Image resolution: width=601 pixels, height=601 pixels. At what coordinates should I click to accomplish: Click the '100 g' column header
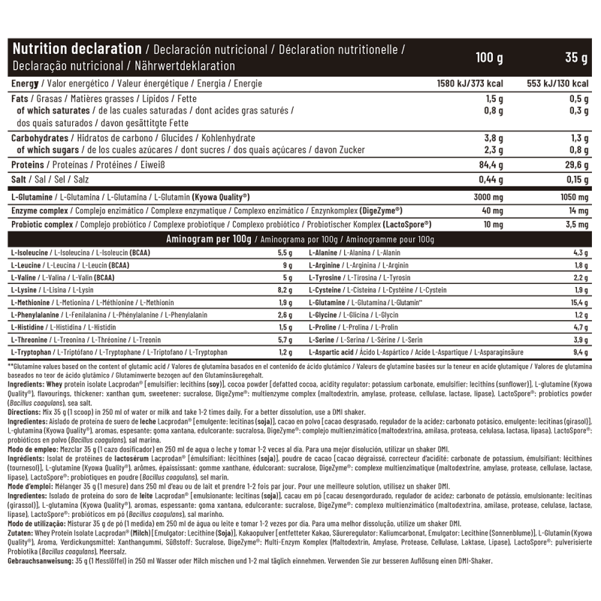[489, 58]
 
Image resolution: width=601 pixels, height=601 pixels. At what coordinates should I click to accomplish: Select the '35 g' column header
[576, 58]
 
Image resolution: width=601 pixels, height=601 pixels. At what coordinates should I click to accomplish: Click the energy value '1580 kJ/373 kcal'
[470, 84]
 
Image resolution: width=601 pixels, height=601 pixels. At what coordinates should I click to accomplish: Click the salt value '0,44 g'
[490, 181]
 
